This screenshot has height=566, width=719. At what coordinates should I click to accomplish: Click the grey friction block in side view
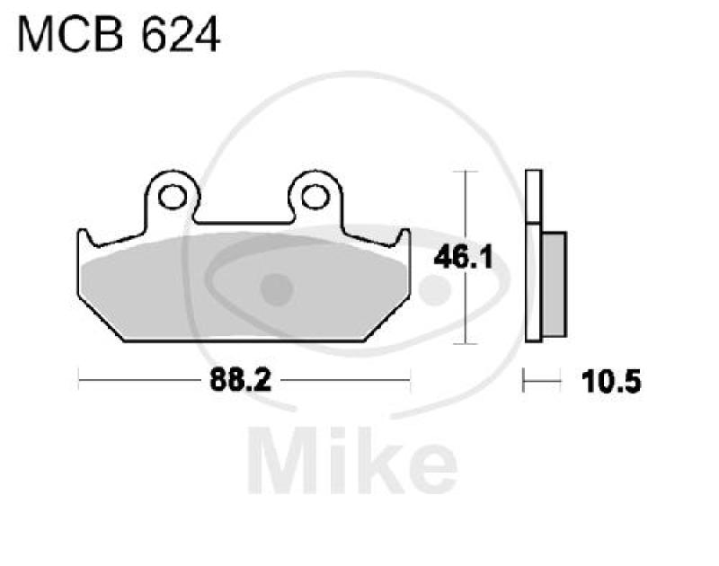click(555, 284)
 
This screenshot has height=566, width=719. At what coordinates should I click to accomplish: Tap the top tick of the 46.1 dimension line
click(464, 171)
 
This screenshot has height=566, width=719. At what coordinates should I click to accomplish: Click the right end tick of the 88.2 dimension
click(410, 382)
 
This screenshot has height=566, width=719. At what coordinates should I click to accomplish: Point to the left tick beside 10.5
click(527, 383)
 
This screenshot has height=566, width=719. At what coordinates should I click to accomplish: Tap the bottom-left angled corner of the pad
click(121, 340)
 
